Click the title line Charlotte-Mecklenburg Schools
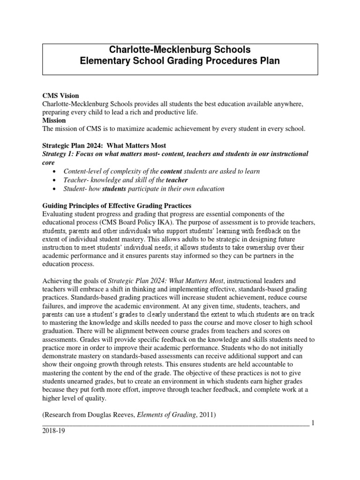point(180,50)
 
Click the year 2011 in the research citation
point(206,414)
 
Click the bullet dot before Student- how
point(56,189)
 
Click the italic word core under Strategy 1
point(49,163)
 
